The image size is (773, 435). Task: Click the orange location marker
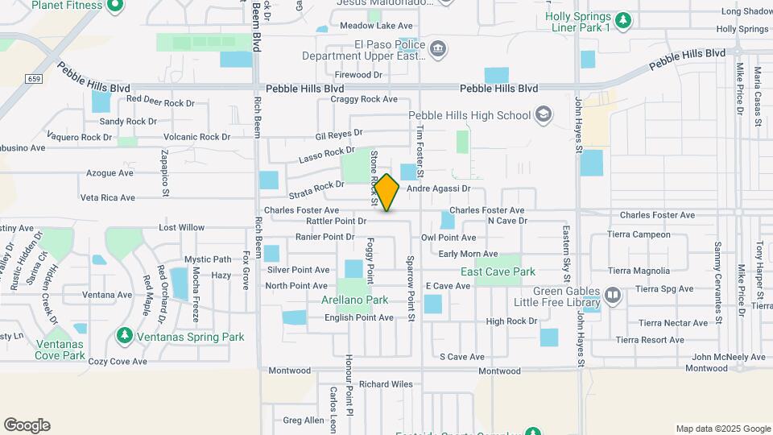pos(387,193)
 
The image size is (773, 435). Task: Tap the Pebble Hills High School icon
pos(544,115)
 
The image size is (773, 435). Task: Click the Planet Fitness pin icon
pos(114,6)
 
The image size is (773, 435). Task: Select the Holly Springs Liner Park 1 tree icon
pos(622,19)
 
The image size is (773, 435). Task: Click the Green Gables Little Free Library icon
pos(614,296)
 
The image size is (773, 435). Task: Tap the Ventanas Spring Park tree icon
pos(124,334)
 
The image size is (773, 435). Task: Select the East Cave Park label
pos(498,271)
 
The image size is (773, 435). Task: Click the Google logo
pos(27,425)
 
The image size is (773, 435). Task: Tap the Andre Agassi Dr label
pos(438,188)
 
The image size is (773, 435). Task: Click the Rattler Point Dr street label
pos(337,221)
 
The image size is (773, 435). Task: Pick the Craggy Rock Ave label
pos(364,100)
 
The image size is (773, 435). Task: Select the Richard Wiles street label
pos(386,384)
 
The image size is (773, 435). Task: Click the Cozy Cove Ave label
pos(118,362)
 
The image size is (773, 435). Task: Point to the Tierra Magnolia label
pos(639,271)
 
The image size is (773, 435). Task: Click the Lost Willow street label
pos(181,228)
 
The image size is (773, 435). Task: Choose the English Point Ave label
pos(359,317)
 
